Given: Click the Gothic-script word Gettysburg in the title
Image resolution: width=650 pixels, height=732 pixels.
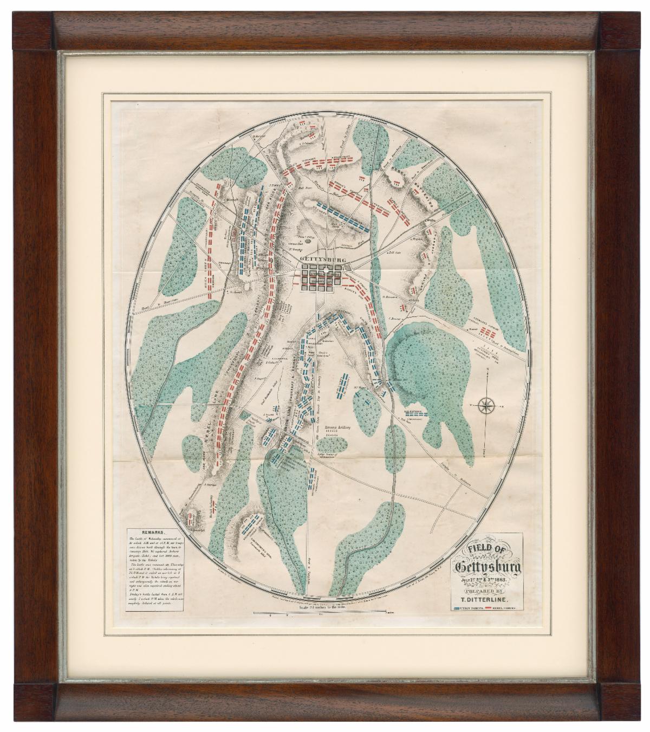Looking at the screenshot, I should pos(486,566).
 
